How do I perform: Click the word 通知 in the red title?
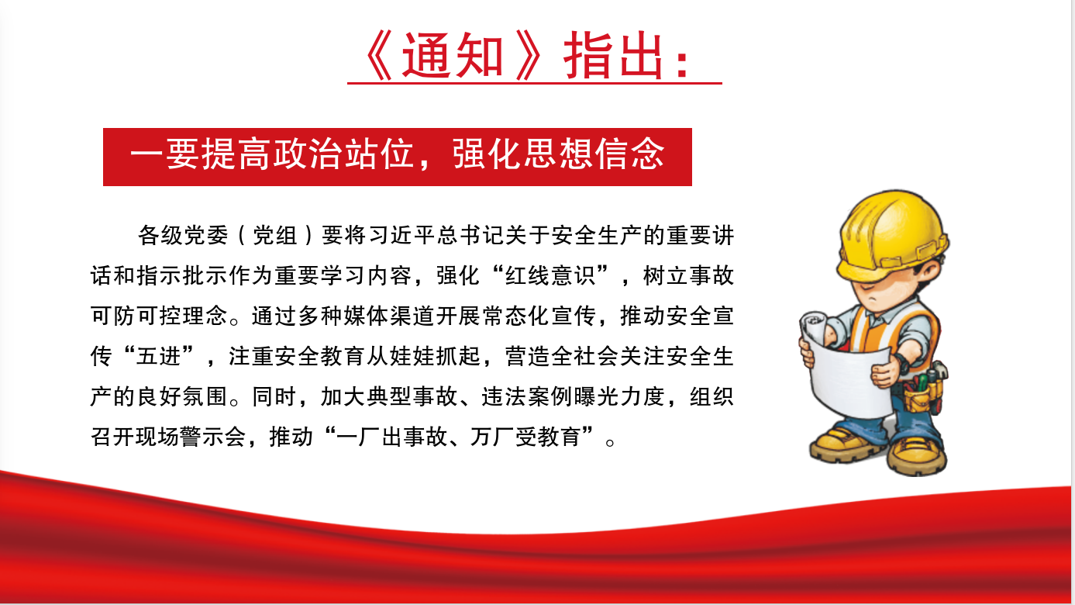(452, 56)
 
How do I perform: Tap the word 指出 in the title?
(614, 56)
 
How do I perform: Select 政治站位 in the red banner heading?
(343, 154)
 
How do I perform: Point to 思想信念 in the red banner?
(594, 154)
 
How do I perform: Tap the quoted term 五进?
(159, 356)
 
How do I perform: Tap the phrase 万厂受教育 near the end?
(525, 437)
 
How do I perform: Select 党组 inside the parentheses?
(275, 235)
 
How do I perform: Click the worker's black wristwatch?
(901, 364)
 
